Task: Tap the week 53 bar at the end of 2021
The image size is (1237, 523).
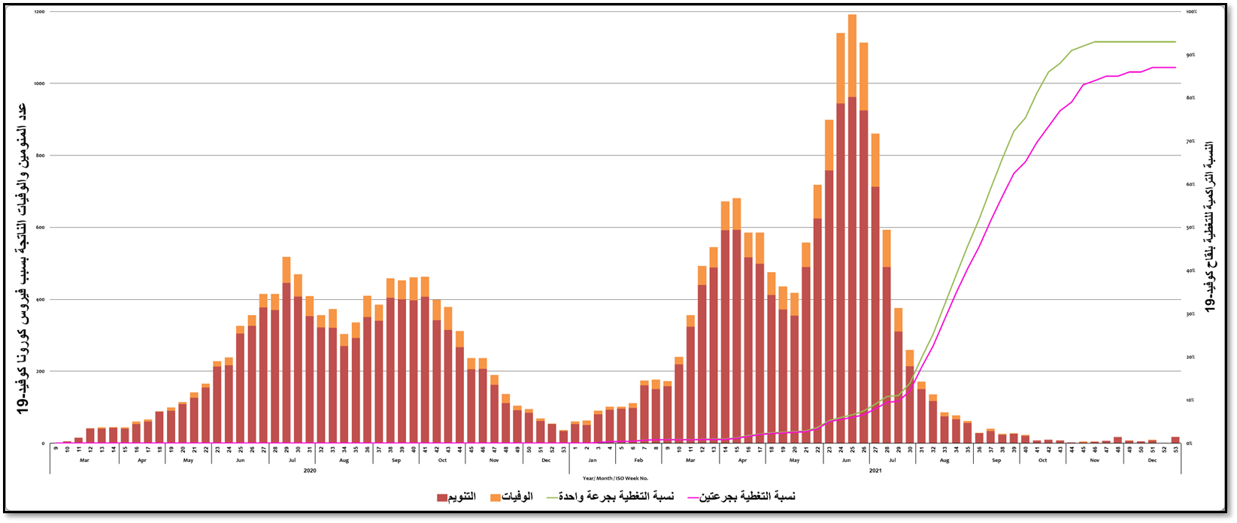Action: (1175, 440)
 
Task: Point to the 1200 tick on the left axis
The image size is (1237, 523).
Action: (39, 12)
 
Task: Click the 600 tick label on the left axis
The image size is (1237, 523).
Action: (40, 228)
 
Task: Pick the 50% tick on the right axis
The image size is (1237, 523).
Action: (1190, 228)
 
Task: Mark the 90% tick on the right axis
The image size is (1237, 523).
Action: (1190, 55)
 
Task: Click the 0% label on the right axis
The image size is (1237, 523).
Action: (1190, 443)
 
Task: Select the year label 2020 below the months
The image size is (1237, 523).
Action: (310, 470)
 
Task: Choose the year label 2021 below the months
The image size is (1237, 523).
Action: (875, 470)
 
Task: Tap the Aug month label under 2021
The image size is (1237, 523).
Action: (944, 459)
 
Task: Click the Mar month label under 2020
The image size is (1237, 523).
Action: (84, 459)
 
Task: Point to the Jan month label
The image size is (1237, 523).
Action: (593, 459)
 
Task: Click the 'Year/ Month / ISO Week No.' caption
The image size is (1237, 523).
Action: (615, 478)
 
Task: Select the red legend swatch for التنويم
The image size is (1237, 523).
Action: (442, 497)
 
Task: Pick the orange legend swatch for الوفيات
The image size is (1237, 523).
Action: (495, 497)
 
